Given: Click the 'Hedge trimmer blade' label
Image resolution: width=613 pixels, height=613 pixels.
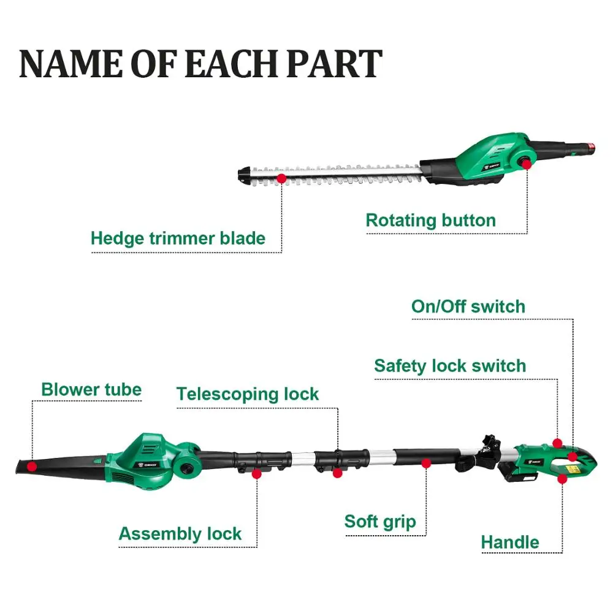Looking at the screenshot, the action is click(x=178, y=238).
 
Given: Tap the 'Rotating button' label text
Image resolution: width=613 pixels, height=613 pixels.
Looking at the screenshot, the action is click(x=430, y=221).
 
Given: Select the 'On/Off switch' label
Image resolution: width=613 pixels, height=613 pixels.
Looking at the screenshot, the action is click(x=468, y=306).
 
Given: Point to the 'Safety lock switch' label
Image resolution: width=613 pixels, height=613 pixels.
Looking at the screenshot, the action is click(x=450, y=366).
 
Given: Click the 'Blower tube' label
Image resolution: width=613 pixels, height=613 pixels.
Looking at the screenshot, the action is click(x=91, y=389).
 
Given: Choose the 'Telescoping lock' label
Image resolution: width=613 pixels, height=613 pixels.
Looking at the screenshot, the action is click(x=248, y=394).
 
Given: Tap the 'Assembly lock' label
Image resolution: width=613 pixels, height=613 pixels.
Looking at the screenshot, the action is click(x=180, y=534).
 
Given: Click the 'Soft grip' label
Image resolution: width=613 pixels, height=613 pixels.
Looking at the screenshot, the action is click(x=380, y=522).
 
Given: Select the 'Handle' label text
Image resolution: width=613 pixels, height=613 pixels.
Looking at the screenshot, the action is click(x=510, y=543).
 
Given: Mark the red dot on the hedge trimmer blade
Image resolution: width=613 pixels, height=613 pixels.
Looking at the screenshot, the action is click(x=281, y=178).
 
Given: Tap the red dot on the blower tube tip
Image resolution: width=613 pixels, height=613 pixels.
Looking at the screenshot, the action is click(x=32, y=466).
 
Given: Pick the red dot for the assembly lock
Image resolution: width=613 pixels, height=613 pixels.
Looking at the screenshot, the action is click(x=257, y=474).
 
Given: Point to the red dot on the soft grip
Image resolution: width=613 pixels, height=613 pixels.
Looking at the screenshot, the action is click(x=427, y=464).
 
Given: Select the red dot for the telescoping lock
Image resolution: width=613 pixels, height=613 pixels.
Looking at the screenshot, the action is click(x=337, y=473).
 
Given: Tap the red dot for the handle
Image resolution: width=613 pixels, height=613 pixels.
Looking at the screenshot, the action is click(x=562, y=479).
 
